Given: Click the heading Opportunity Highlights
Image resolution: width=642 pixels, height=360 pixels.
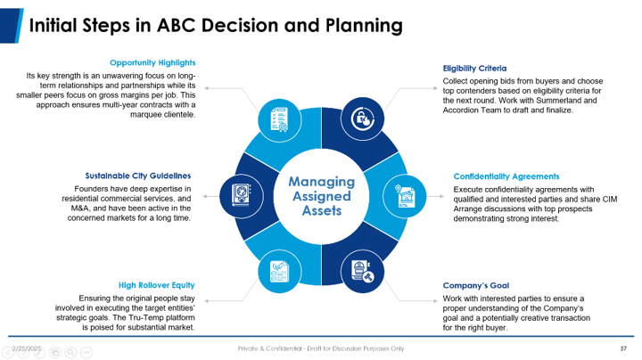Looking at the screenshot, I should click(152, 63).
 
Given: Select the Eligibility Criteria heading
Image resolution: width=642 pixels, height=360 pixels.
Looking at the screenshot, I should click(474, 68).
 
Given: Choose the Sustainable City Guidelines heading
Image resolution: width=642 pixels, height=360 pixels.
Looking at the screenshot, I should click(137, 176).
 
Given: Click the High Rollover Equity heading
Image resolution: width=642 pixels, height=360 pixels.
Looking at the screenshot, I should click(156, 285).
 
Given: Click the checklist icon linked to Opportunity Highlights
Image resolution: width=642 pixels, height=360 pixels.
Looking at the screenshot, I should click(276, 119).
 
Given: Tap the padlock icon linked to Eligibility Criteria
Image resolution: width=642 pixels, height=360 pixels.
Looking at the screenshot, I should click(363, 119).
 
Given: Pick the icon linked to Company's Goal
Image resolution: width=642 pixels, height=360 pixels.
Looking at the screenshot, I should click(362, 271).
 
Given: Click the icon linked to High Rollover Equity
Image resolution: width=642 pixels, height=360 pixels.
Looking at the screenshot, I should click(276, 271).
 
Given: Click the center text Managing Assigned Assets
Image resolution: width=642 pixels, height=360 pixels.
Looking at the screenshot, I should click(321, 196).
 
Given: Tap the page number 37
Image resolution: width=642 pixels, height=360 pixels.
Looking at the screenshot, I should click(623, 348).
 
